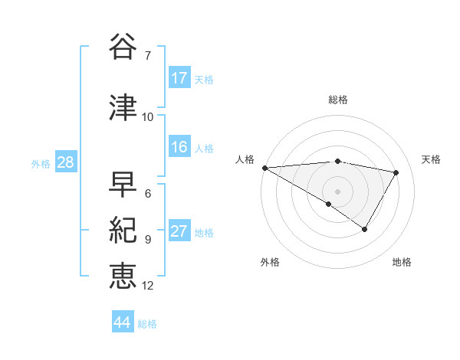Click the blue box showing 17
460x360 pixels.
point(179,78)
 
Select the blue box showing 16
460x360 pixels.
point(179,148)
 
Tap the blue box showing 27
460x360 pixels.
point(179,232)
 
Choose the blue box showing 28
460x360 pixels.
point(65,162)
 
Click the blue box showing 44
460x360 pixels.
point(123,322)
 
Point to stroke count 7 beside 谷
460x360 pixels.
point(147,55)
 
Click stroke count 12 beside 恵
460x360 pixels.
point(148,286)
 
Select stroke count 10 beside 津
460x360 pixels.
point(148,116)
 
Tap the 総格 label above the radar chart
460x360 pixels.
point(338,100)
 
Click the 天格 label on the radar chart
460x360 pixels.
point(432,159)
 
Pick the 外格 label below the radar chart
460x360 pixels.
point(270,263)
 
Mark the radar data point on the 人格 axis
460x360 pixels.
point(264,168)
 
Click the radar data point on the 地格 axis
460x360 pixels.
point(365,229)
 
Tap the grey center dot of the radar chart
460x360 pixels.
point(337,191)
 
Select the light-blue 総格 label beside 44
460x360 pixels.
point(147,324)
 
